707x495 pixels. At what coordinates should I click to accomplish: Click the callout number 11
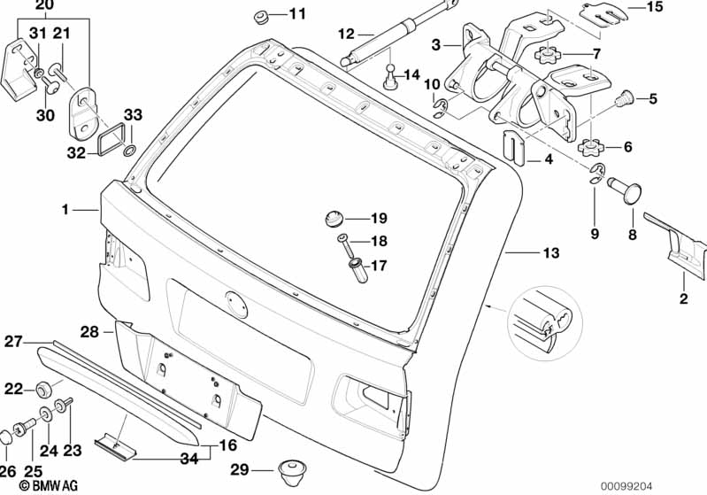296,13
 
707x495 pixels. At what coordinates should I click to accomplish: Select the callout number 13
550,253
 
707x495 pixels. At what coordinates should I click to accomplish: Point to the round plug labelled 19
333,218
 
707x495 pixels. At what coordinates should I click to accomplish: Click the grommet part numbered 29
289,469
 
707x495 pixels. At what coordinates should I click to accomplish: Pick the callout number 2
683,298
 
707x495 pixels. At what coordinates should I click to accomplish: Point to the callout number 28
89,331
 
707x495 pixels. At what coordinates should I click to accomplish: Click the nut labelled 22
41,388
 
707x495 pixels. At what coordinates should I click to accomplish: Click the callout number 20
44,6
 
